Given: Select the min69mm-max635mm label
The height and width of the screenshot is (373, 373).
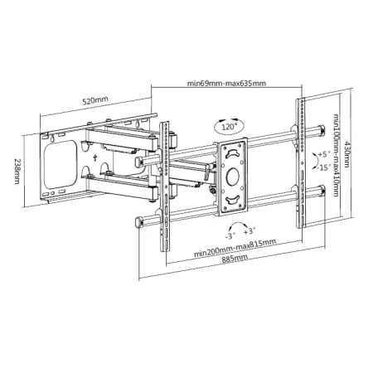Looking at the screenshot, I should (x=225, y=84).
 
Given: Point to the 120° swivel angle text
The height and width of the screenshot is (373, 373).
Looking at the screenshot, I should (x=228, y=128).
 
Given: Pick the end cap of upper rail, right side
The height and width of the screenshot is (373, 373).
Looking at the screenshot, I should (x=320, y=130).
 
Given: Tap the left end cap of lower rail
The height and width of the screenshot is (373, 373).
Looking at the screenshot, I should (x=138, y=220).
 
